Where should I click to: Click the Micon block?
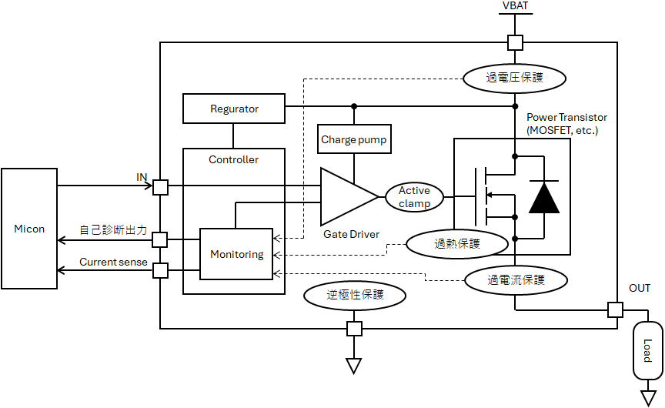(29, 229)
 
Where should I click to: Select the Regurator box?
(234, 109)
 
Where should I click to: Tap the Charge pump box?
(354, 140)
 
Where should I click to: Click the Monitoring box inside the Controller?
(236, 254)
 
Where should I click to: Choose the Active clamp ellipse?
(414, 197)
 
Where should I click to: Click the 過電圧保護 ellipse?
(515, 77)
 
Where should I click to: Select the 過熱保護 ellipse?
(457, 244)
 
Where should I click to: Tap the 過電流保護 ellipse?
(515, 280)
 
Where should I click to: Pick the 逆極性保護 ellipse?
(355, 293)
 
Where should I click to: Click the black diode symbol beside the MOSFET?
(544, 197)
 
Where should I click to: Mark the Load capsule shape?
(647, 350)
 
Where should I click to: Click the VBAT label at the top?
(515, 7)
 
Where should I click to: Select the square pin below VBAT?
(515, 42)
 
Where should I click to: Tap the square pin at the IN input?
(160, 186)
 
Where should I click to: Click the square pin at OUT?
(615, 309)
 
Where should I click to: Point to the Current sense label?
(113, 263)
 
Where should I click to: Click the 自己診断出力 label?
(113, 230)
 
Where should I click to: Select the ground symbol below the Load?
(647, 397)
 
